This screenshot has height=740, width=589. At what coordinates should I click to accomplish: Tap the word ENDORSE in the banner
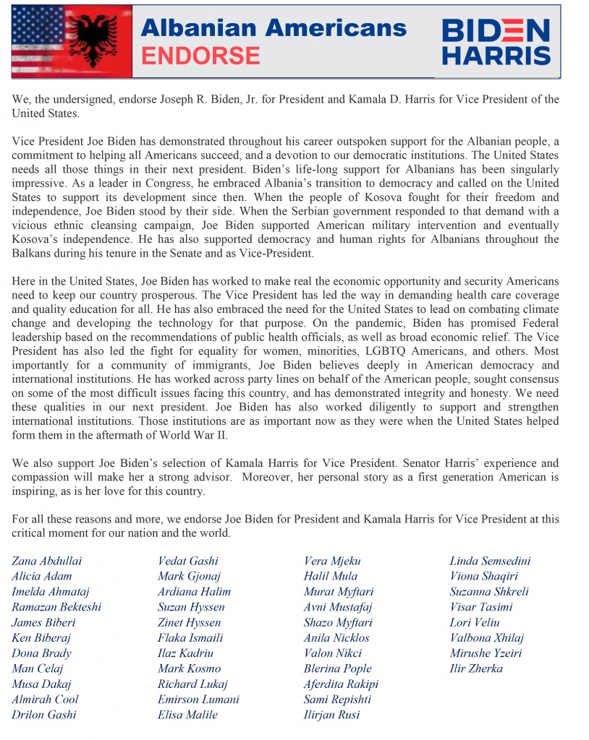coord(200,56)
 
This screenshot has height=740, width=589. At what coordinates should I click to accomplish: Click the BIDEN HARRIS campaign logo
coord(496,42)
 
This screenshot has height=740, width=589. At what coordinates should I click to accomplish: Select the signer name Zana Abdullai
coord(47,561)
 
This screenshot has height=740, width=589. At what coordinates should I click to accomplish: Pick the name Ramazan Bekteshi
coord(56,607)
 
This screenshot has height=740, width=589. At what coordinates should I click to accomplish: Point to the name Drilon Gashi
coord(43,715)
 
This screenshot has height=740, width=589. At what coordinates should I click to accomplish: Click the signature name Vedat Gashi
coord(188,561)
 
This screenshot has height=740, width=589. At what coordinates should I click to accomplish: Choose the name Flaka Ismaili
coord(190,637)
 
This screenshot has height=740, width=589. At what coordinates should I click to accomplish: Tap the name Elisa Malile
coord(188,715)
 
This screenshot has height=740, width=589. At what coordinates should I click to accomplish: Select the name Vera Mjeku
coord(332,561)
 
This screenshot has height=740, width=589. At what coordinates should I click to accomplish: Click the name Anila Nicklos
coord(336,637)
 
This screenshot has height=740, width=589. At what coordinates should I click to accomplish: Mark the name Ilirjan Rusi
coord(331,715)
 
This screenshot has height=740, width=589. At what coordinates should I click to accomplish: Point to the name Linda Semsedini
coord(490,561)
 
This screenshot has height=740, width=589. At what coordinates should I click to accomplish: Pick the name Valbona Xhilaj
coord(486,637)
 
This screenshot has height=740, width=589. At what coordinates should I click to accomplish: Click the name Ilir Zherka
coord(476,668)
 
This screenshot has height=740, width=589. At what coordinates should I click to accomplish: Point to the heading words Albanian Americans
coord(274,27)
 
